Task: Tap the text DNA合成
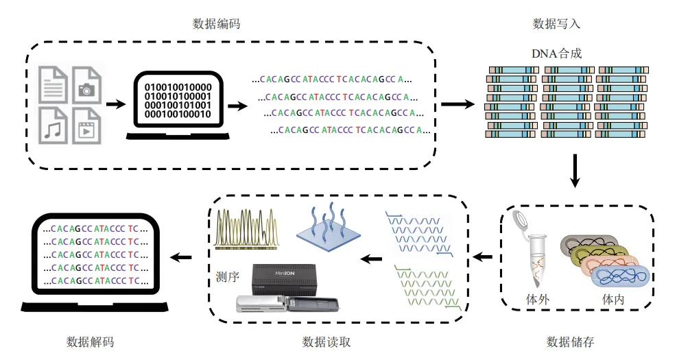pos(556,53)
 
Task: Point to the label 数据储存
pos(569,341)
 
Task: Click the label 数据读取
pos(326,341)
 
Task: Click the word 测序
pos(226,278)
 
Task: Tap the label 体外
pos(537,300)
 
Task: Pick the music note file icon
pos(54,123)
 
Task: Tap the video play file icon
pos(87,123)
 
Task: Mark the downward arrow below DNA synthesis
pos(575,172)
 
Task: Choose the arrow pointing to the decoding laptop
pos(180,257)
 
